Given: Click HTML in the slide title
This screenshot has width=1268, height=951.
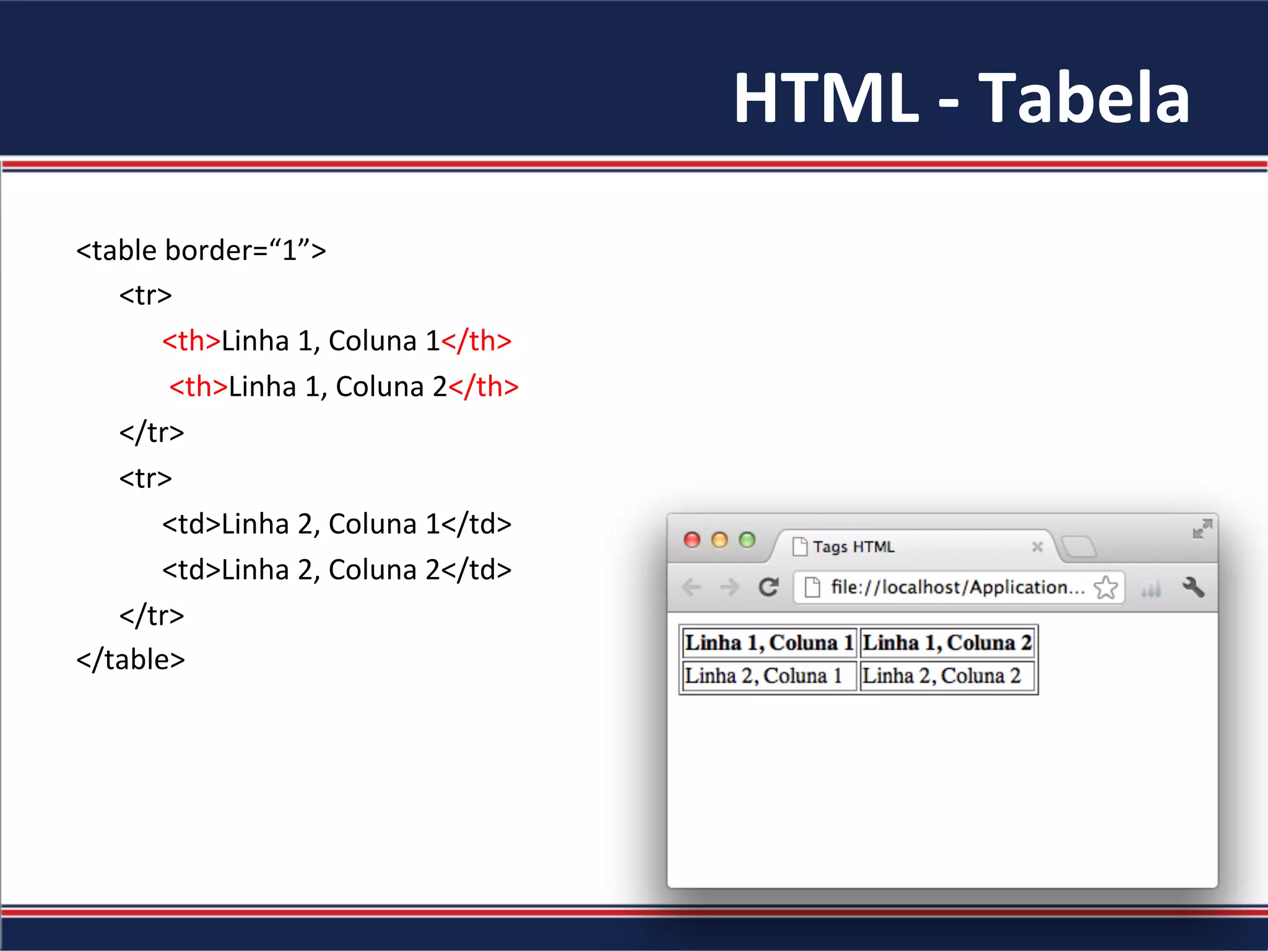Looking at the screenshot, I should [826, 98].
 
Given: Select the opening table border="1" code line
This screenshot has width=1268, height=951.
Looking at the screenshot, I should [201, 251].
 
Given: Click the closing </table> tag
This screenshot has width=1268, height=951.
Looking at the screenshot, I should [131, 660].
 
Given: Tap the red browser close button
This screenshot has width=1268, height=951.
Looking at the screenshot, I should [692, 540].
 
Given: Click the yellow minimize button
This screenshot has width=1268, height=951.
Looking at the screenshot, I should [719, 540].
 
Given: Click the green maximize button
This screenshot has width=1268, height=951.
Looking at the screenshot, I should [747, 540].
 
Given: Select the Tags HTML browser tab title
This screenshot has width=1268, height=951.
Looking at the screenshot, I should [854, 547].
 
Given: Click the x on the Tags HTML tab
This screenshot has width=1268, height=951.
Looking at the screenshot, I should [1038, 547].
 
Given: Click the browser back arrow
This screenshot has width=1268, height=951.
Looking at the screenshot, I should [692, 587].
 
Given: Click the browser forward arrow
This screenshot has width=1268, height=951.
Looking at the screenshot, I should [730, 587].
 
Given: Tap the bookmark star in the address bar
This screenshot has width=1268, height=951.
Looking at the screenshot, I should [1106, 587].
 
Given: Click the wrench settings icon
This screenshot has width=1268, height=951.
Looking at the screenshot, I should [1194, 587].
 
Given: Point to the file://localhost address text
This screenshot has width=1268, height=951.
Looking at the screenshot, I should [957, 587].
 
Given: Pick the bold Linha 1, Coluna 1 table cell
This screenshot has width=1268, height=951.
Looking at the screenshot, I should [769, 643].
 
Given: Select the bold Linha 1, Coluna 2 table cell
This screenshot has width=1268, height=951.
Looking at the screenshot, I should [947, 643].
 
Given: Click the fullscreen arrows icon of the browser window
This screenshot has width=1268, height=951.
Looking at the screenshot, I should [1202, 529].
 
